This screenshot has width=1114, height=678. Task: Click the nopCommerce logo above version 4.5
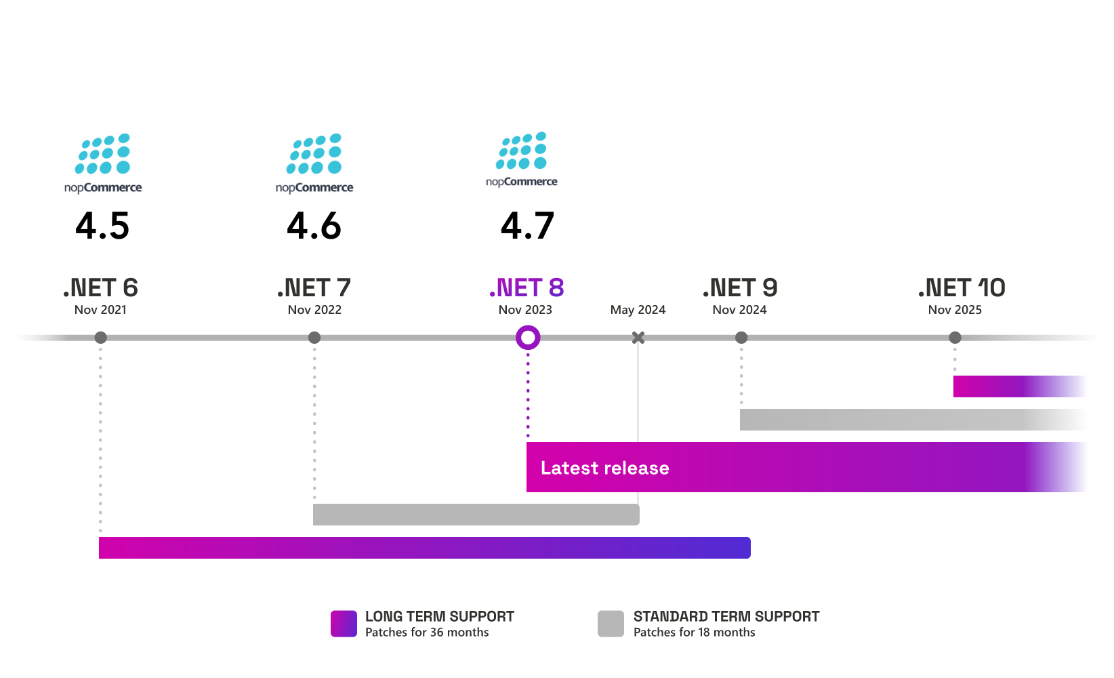pos(103,163)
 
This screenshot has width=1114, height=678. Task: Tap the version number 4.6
pos(314,226)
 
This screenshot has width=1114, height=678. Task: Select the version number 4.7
pos(527,226)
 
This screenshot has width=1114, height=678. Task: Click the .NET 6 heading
pos(100,287)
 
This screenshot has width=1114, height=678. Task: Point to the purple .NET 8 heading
pos(527,287)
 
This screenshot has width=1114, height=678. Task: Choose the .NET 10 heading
pos(962,287)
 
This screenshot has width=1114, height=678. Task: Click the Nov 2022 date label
pos(314,310)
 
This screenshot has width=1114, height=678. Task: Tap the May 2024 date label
pos(638,310)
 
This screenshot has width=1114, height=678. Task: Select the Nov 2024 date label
pos(739,310)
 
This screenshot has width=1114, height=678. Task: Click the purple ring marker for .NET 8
pos(528,327)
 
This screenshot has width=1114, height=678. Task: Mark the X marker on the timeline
pos(638,338)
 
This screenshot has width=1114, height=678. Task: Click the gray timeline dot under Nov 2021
pos(100,338)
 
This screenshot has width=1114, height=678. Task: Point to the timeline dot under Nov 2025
pos(955,338)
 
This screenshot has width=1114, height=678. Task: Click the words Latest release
pos(604,468)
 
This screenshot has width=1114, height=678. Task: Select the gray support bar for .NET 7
pos(476,515)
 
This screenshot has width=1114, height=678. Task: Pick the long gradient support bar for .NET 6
pos(425,548)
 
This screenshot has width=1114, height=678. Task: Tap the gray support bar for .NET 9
pos(913,419)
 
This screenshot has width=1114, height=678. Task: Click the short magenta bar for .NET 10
pos(1020,386)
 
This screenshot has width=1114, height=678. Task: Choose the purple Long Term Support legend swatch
pos(344,624)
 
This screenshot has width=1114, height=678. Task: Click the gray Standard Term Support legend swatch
pos(611,624)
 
